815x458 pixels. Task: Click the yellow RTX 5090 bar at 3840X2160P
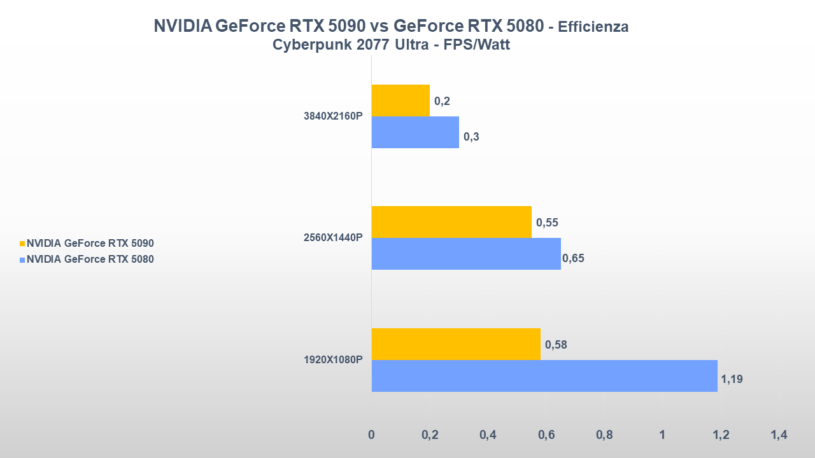(400, 101)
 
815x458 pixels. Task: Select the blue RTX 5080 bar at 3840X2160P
(415, 132)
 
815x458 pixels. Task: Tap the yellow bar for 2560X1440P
(451, 222)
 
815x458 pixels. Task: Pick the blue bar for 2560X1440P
(466, 254)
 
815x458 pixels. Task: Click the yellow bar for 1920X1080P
(456, 344)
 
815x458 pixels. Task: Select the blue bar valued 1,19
(544, 376)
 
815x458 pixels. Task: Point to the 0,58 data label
(556, 345)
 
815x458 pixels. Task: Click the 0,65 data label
(573, 258)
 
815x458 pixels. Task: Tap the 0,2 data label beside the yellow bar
(442, 101)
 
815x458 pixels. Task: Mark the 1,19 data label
(732, 380)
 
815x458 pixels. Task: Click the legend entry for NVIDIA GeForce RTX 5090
(90, 243)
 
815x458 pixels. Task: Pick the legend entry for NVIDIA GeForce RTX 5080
(90, 259)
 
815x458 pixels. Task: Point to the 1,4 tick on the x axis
(779, 435)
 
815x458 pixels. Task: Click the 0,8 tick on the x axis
(604, 435)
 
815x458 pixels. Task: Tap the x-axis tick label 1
(662, 435)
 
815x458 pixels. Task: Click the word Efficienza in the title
(593, 27)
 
